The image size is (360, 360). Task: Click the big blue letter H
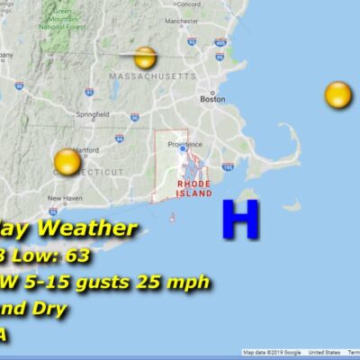pyautogui.click(x=240, y=220)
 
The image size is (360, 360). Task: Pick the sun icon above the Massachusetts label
pyautogui.click(x=145, y=58)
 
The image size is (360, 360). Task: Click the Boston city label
pyautogui.click(x=212, y=100)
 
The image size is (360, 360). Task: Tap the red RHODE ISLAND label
pyautogui.click(x=194, y=188)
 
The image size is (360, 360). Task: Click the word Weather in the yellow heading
pyautogui.click(x=89, y=229)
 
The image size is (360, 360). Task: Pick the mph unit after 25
pyautogui.click(x=190, y=283)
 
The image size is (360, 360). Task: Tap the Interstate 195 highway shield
pyautogui.click(x=228, y=167)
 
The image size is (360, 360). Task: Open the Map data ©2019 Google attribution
pyautogui.click(x=272, y=352)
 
